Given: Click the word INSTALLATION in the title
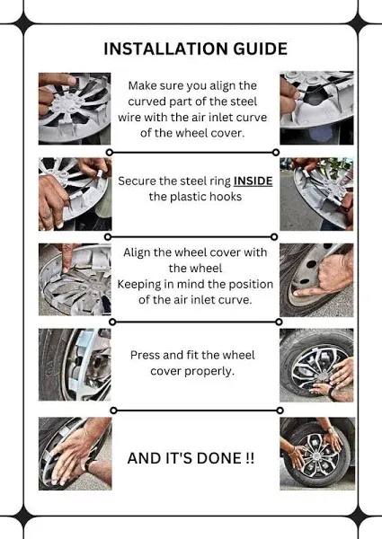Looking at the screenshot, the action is pos(166,49).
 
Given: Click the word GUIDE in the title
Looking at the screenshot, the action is pos(261,49).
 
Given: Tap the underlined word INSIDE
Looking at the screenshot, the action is pos(253,181).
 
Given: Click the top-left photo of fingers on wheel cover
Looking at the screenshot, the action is pos(75,109).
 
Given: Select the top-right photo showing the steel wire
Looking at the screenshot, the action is pos(316,108).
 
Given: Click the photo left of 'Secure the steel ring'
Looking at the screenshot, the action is pos(75,194).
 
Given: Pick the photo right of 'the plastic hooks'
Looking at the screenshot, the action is pos(316,194).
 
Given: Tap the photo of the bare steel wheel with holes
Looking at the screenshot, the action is pos(316,279).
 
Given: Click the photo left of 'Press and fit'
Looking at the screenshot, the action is pos(75,365).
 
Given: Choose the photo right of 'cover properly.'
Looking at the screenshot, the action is pos(316,365).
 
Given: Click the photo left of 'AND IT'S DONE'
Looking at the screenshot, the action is pos(75,454).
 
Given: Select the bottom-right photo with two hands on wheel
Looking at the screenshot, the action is pos(317,454).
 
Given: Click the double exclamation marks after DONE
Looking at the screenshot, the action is pos(250,458).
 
